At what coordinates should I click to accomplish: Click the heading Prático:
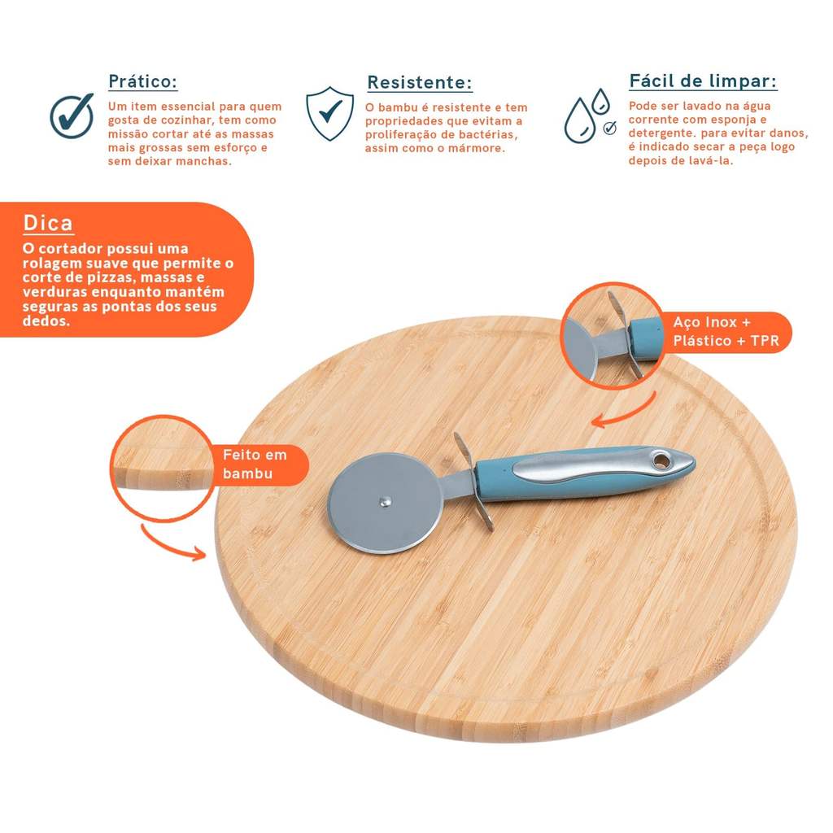pyautogui.click(x=142, y=81)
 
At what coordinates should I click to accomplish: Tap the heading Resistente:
pyautogui.click(x=419, y=82)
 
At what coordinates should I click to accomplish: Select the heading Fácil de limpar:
pyautogui.click(x=702, y=81)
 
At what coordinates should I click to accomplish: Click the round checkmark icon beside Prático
pyautogui.click(x=72, y=116)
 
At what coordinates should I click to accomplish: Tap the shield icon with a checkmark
pyautogui.click(x=329, y=113)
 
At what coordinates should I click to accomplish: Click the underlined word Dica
pyautogui.click(x=48, y=223)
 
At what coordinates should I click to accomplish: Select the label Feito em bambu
pyautogui.click(x=255, y=464)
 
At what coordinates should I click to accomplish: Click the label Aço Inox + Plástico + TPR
pyautogui.click(x=726, y=332)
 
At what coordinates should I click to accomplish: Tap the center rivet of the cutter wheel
pyautogui.click(x=386, y=500)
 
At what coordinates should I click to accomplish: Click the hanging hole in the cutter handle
pyautogui.click(x=661, y=460)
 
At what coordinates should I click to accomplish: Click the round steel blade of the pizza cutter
pyautogui.click(x=385, y=503)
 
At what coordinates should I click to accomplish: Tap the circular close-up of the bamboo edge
pyautogui.click(x=163, y=469)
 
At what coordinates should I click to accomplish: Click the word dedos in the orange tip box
pyautogui.click(x=46, y=321)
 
